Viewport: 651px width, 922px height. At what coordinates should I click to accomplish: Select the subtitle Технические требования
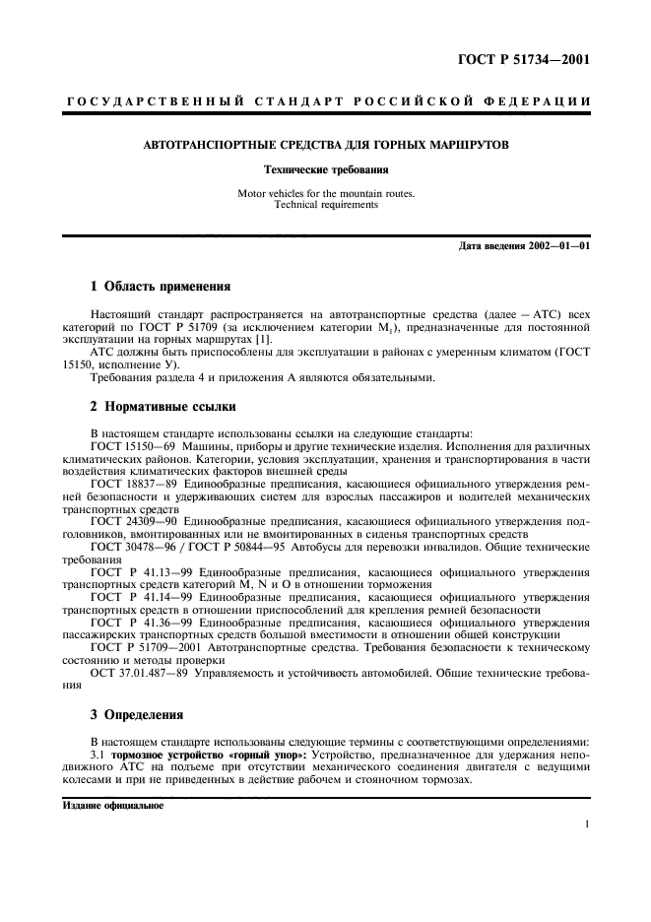[326, 170]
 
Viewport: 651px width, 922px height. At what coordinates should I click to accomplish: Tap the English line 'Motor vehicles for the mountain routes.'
[326, 194]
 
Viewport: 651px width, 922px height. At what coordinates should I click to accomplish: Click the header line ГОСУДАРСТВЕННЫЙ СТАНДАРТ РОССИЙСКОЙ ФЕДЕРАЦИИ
[326, 101]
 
